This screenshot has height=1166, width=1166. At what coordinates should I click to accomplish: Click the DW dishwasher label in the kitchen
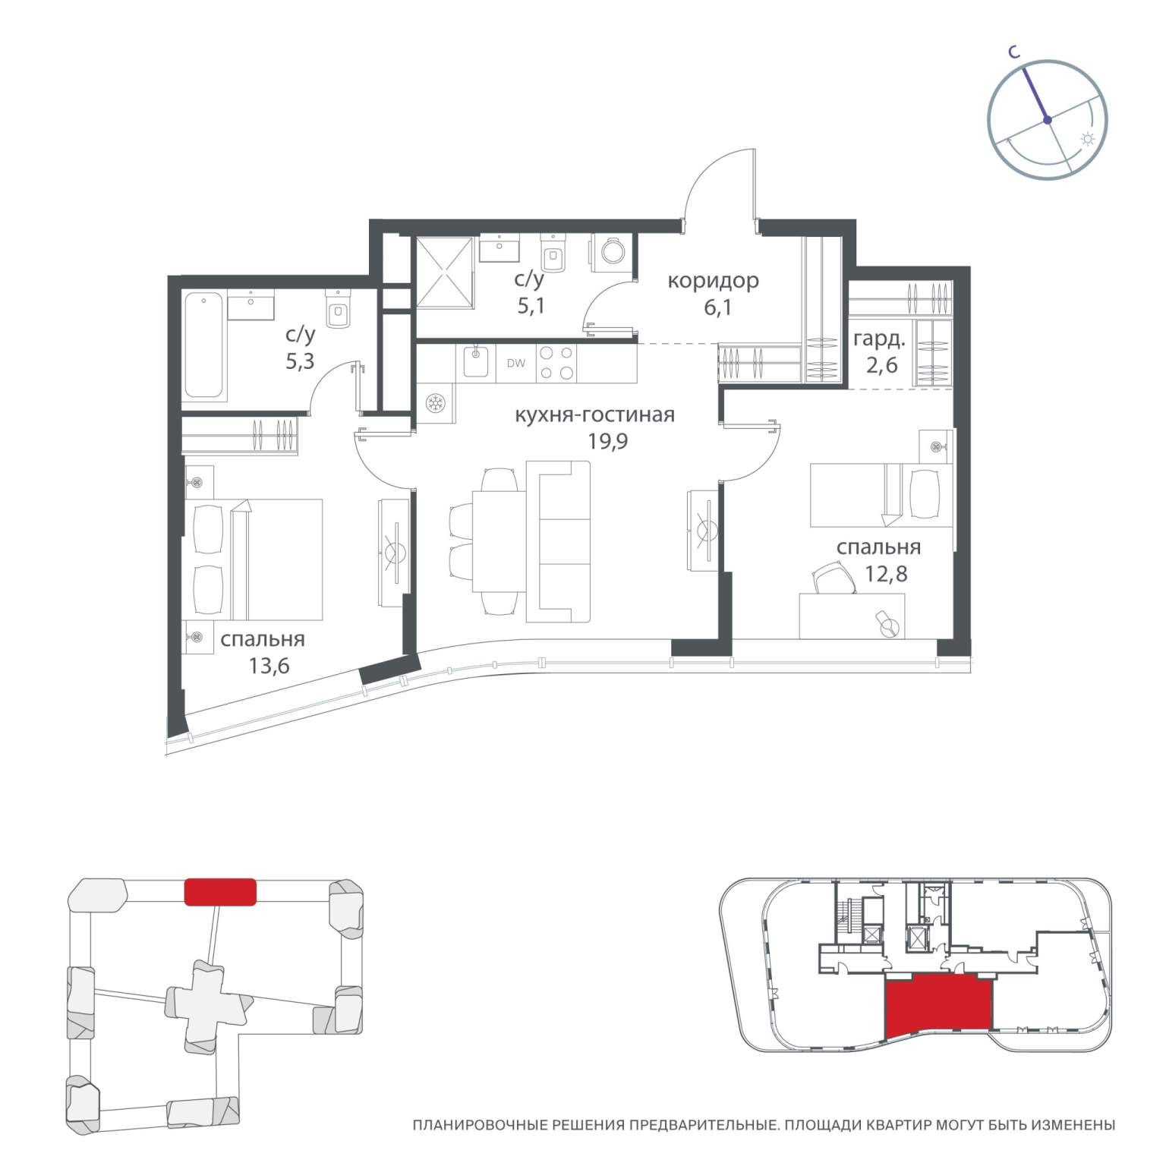(515, 363)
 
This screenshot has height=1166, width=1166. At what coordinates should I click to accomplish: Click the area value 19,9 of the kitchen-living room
(608, 441)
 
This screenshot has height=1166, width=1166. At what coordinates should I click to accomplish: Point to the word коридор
(713, 281)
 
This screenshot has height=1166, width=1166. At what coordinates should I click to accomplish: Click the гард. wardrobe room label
(879, 339)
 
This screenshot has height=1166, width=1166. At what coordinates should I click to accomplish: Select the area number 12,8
(886, 573)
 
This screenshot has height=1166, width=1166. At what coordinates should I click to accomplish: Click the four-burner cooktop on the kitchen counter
(556, 363)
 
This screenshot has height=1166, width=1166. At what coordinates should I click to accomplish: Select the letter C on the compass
(1012, 52)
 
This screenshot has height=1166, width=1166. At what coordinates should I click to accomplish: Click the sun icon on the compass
(1088, 140)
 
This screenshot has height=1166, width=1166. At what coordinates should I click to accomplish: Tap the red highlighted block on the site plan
(220, 891)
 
